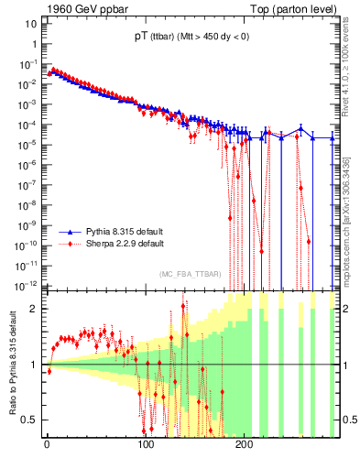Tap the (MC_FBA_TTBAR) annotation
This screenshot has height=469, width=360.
[190, 275]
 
